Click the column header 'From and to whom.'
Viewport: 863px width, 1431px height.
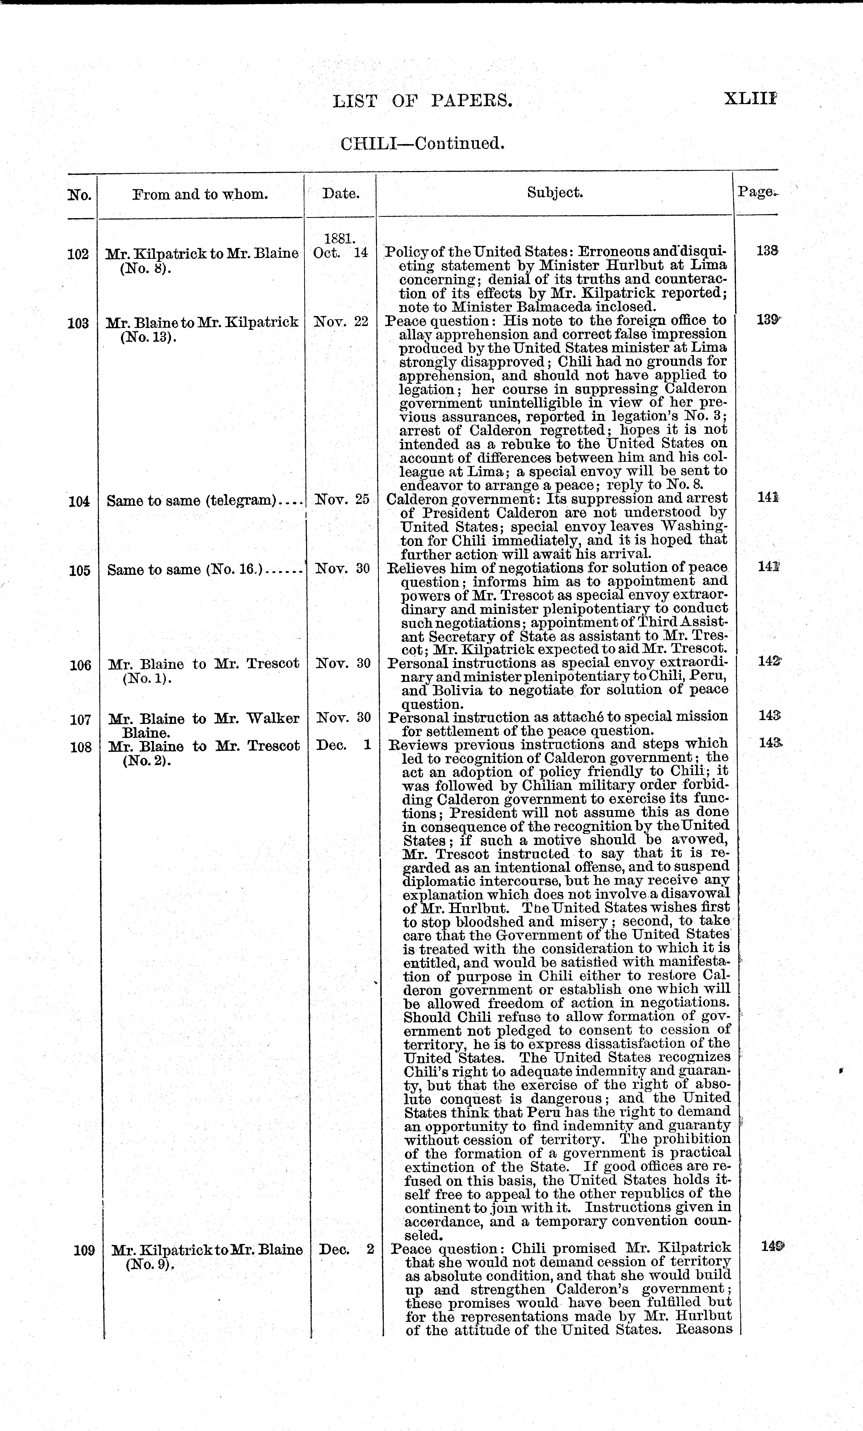[200, 194]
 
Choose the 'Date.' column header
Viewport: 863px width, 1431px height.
[340, 194]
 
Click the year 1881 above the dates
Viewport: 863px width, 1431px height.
[340, 239]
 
